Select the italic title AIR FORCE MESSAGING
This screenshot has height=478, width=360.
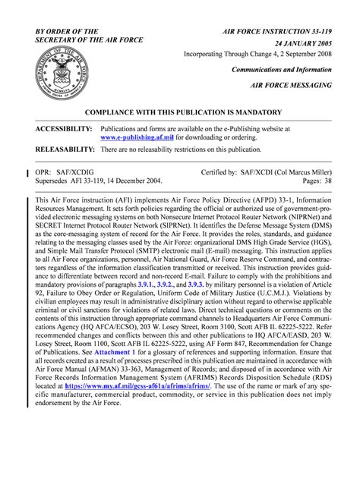click(x=291, y=85)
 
